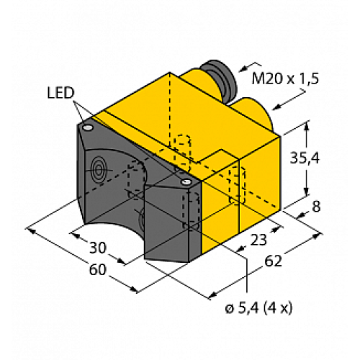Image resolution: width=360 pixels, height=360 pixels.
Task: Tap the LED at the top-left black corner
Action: [x=88, y=127]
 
